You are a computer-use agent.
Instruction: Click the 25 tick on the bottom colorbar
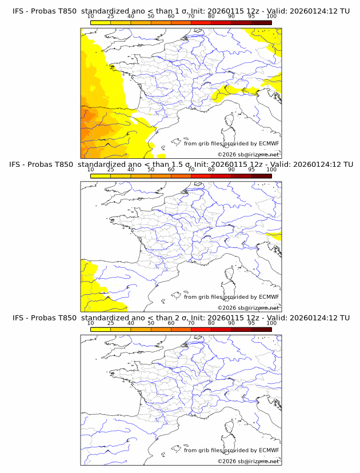110,330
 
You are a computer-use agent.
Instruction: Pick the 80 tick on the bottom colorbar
211,330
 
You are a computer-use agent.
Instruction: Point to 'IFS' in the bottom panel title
19,318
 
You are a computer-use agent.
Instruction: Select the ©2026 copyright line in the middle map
248,308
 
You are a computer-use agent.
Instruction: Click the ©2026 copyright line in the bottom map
248,461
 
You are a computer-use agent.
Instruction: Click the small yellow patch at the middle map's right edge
277,236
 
